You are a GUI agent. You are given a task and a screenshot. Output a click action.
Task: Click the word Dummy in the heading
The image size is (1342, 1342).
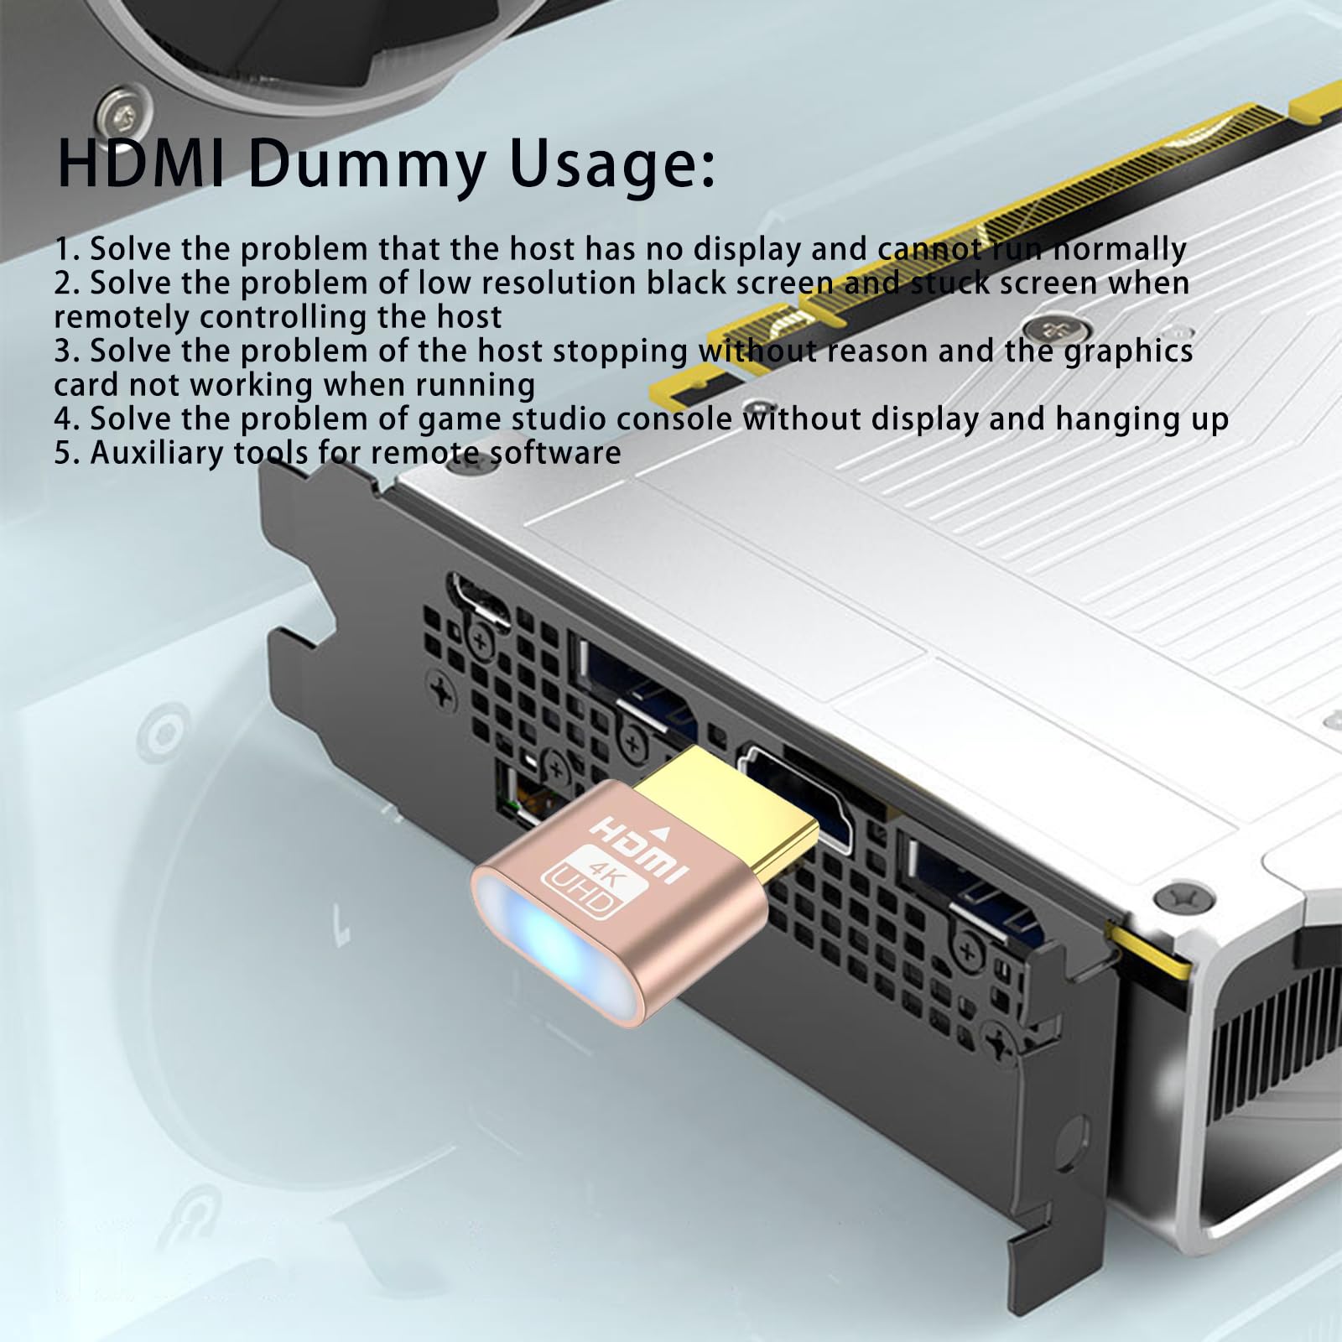(366, 164)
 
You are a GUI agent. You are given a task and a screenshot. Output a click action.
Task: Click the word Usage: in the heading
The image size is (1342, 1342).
(612, 164)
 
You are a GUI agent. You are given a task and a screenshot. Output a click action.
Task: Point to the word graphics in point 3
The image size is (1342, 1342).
(1128, 352)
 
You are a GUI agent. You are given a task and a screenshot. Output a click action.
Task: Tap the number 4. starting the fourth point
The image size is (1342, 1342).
(66, 419)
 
